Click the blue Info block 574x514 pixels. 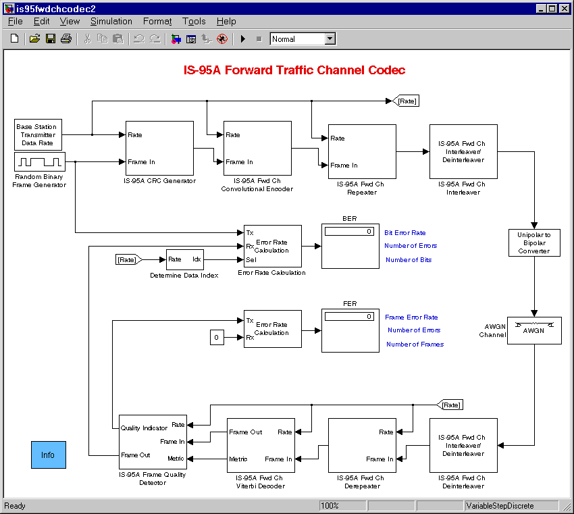49,455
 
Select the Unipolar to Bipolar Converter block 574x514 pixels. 534,242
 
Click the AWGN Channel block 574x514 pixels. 534,330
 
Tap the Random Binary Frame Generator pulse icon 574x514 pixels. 40,162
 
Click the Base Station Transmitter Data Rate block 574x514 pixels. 38,134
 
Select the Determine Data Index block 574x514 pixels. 185,259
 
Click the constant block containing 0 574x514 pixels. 217,337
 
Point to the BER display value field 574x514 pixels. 349,232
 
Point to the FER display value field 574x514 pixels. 349,316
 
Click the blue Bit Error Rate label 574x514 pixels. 405,233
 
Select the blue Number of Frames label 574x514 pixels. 415,344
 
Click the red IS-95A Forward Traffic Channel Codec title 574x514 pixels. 294,70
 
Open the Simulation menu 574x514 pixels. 111,21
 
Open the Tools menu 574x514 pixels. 194,21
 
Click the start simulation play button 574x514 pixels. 242,38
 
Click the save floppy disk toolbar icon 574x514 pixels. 51,38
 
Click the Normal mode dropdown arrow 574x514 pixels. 330,38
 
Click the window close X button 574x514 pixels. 564,8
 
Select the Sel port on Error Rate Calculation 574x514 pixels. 251,259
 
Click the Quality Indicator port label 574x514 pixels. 144,428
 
